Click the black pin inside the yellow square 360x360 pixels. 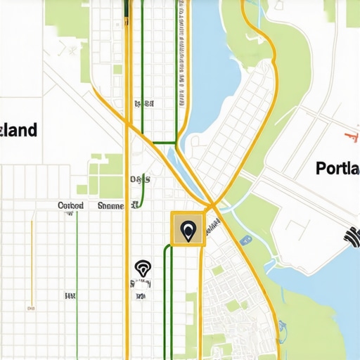[188, 230]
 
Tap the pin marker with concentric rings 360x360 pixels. [142, 268]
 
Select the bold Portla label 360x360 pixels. [337, 169]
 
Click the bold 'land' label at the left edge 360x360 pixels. [19, 131]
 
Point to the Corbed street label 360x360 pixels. [70, 206]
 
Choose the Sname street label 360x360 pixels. [110, 206]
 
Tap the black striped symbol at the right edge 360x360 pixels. [352, 236]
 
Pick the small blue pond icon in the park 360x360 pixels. [245, 240]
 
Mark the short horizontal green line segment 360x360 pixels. [164, 143]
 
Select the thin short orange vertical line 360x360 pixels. [32, 260]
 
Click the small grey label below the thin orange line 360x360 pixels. [31, 307]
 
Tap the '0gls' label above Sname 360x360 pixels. [140, 179]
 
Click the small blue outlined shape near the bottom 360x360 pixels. [282, 326]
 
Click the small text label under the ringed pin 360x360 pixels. [141, 284]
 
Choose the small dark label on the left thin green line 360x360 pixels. [70, 295]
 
